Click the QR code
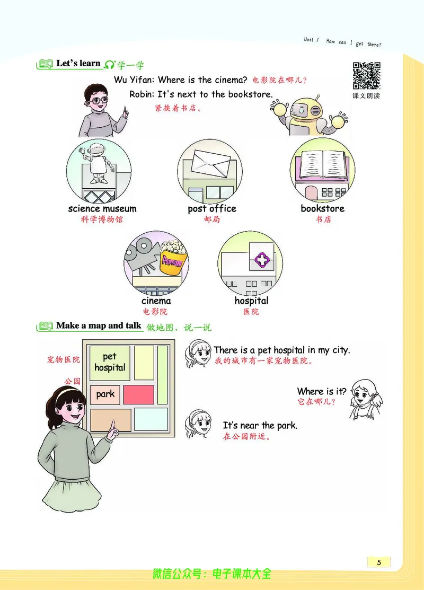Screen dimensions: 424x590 click(x=366, y=76)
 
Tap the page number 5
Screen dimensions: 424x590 click(x=379, y=562)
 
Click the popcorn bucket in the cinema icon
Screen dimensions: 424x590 click(x=173, y=258)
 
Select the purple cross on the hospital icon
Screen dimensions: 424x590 click(x=262, y=259)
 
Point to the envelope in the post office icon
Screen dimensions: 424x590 click(x=210, y=163)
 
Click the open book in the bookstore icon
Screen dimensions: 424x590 click(x=322, y=164)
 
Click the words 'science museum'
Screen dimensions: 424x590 click(x=102, y=208)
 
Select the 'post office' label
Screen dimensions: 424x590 click(x=212, y=209)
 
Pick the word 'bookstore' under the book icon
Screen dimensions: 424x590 click(x=322, y=208)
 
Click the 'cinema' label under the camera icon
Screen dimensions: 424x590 click(x=156, y=301)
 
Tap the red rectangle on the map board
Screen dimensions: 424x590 click(x=138, y=394)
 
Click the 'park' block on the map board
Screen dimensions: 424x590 click(x=105, y=395)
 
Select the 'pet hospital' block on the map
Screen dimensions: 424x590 click(x=110, y=363)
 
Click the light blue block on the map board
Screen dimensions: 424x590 click(x=151, y=419)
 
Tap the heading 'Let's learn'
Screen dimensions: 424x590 click(x=78, y=63)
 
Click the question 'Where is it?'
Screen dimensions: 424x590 click(x=322, y=391)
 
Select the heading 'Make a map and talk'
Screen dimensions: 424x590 click(x=99, y=325)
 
